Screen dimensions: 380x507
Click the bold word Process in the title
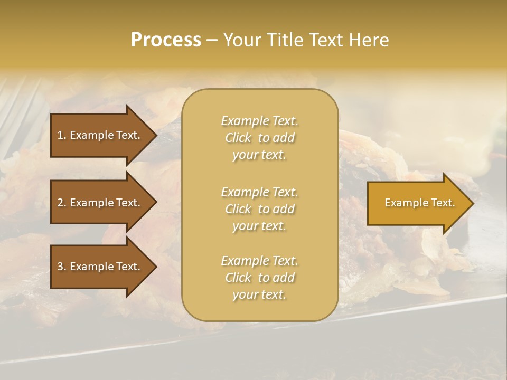166,40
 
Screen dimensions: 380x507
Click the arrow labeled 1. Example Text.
100,135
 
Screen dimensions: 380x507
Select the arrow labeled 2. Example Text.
100,203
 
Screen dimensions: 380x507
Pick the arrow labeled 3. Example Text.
100,267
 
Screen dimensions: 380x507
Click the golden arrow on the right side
417,203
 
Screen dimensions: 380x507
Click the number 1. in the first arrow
62,135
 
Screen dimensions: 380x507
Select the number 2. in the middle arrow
62,203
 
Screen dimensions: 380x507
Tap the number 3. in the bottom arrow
62,267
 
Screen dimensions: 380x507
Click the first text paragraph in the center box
259,138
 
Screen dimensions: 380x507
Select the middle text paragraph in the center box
259,209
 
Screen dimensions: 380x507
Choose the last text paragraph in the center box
259,278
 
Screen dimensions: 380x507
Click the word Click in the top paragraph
238,138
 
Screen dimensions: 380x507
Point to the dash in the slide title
212,40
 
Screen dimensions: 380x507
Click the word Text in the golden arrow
442,203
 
